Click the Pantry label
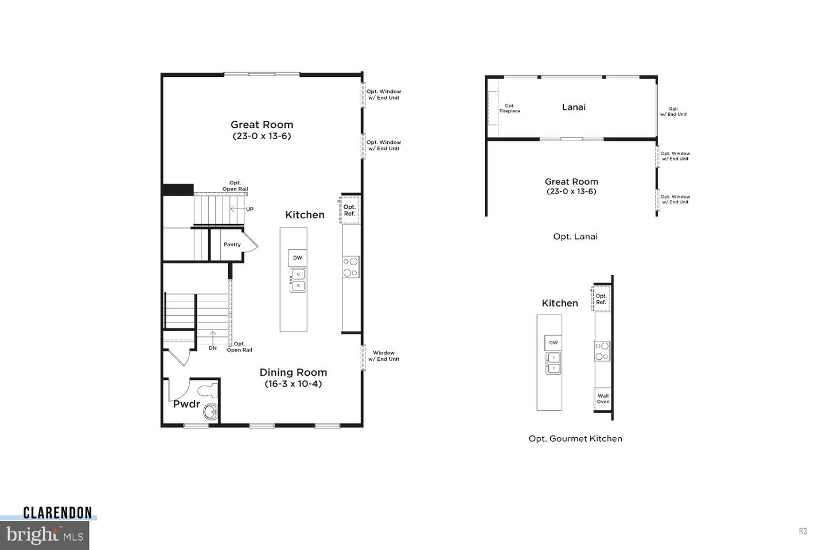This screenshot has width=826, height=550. pos(232,245)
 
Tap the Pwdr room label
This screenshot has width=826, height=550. pos(186,404)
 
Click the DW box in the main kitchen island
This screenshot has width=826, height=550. pos(298,258)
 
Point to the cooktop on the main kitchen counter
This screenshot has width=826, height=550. pos(350,267)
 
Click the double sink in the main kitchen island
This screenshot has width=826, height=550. pos(298,280)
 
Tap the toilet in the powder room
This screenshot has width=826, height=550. pos(207,391)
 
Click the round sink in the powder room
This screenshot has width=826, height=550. pos(211,411)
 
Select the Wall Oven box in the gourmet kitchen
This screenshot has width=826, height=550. pos(603,399)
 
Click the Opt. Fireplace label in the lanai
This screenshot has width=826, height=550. pos(509,108)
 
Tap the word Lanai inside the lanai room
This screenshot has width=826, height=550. pos(574,107)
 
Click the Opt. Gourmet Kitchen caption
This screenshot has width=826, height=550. pos(575,439)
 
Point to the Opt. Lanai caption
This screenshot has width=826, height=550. pos(575,237)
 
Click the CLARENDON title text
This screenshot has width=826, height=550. pos(57,513)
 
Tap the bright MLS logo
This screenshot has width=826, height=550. pos(44,535)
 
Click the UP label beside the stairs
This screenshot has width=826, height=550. pos(250,209)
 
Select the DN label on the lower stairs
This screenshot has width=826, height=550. pos(213,348)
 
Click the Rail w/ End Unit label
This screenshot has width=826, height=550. pos(673,112)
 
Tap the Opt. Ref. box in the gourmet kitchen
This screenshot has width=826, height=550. pos(601,299)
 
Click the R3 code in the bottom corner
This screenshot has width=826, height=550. pos(803,531)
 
